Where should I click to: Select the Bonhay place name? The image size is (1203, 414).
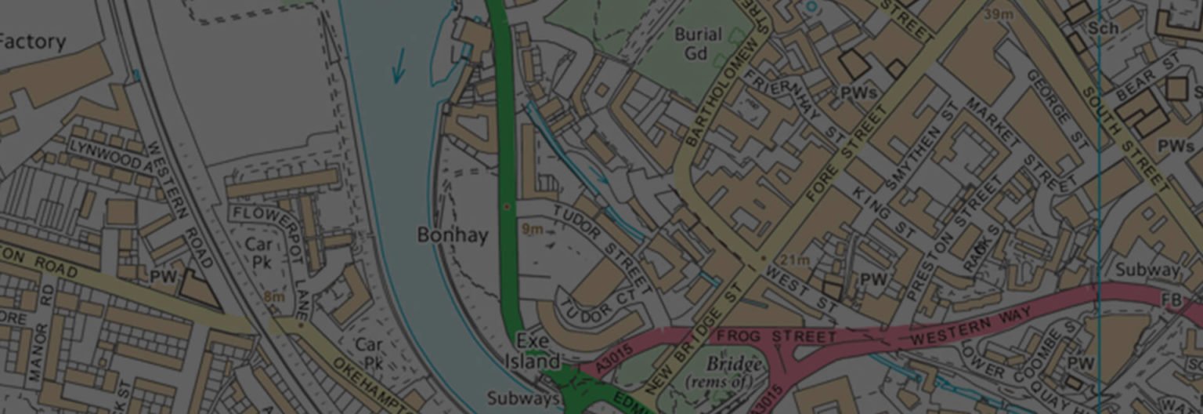(452, 235)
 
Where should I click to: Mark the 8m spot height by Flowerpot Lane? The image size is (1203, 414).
(273, 296)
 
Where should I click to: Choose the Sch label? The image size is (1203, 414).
(1102, 27)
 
